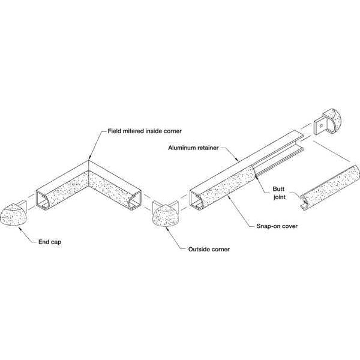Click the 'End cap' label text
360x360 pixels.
pos(50,242)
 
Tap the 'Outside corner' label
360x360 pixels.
pos(209,250)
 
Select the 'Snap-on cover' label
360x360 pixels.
pos(277,226)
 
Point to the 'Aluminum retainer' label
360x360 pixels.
pos(193,148)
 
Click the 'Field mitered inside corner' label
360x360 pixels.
pos(145,131)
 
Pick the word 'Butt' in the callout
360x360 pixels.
pos(278,189)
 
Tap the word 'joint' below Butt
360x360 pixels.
pos(280,197)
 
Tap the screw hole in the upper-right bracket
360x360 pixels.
pos(321,125)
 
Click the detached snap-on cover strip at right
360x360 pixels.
pos(331,187)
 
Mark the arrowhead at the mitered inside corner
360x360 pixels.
pos(89,158)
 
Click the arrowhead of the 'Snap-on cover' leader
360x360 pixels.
pos(228,196)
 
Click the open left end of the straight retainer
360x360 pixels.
pos(197,199)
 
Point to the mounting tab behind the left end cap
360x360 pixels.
pos(23,205)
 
